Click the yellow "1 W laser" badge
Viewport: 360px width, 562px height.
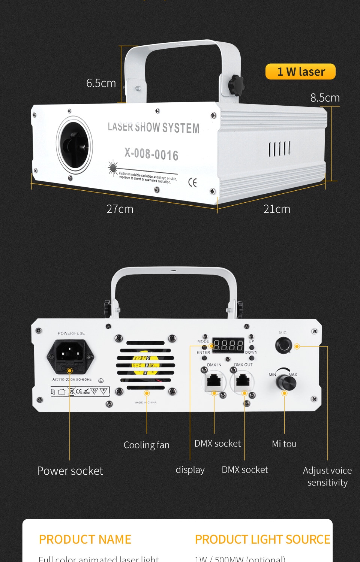(300, 72)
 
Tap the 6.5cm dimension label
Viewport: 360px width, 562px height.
(101, 83)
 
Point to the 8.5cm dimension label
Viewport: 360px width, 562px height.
(325, 98)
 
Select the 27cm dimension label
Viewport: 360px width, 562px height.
(120, 209)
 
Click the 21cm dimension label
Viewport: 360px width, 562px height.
(277, 209)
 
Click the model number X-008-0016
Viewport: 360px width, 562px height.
(151, 154)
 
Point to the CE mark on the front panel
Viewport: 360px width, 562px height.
(192, 182)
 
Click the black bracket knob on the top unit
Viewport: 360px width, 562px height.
(236, 85)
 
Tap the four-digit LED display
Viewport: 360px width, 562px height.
(228, 345)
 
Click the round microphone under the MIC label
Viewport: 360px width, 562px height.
(283, 345)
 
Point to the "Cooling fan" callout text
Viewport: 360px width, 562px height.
(147, 445)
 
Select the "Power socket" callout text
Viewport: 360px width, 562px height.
(70, 471)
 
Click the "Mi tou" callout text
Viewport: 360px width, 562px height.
(284, 444)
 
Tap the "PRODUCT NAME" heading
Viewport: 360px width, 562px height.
(85, 540)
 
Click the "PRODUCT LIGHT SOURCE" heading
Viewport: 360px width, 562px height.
(262, 540)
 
